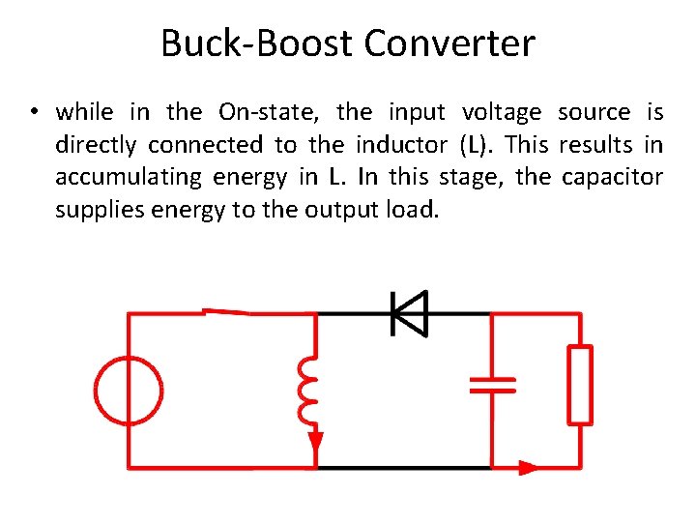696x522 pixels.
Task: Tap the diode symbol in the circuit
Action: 408,313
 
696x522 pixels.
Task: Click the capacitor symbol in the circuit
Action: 492,384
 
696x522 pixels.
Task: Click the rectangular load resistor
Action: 580,385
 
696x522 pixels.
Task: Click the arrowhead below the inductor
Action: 316,443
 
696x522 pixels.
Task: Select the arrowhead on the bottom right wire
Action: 528,468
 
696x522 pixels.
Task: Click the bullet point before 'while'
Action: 33,113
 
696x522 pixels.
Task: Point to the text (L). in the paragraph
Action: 477,145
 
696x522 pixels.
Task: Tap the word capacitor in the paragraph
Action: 615,178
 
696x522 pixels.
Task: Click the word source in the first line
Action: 594,112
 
